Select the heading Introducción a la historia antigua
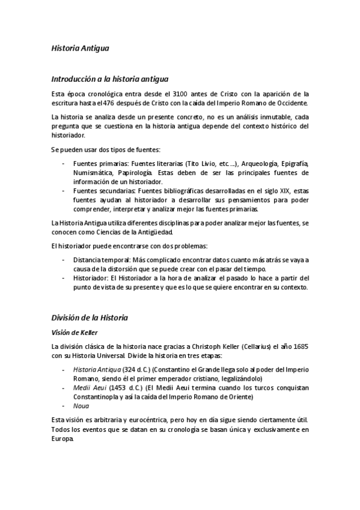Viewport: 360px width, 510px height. (x=109, y=78)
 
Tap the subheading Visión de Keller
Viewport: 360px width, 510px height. (x=75, y=331)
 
